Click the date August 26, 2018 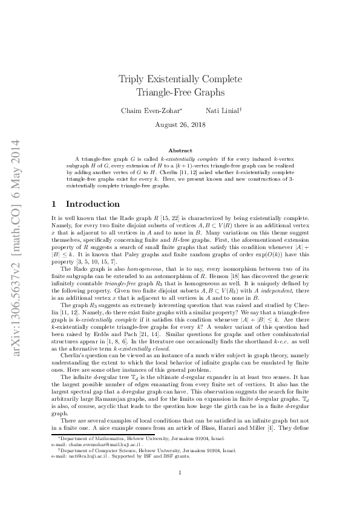tap(180, 125)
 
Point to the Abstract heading tap(180, 150)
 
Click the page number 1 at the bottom tap(180, 490)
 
